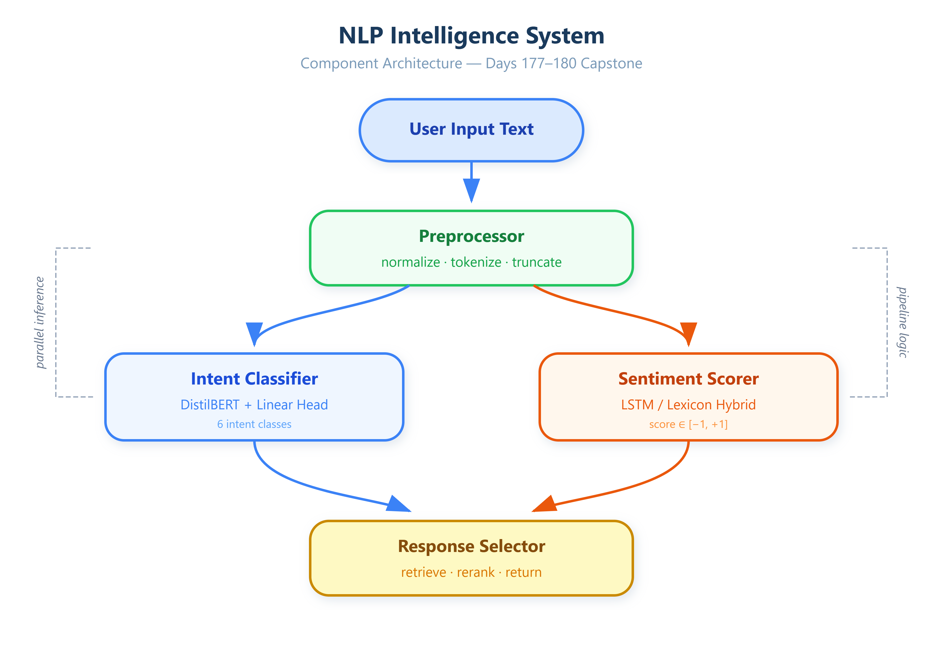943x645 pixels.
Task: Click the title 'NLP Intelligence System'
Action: (471, 36)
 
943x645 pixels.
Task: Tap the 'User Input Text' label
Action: (471, 129)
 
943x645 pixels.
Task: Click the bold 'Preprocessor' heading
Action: (471, 236)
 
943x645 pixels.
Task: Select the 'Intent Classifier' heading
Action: (254, 379)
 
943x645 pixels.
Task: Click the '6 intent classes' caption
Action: (254, 424)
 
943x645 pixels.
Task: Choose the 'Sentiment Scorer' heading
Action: (689, 379)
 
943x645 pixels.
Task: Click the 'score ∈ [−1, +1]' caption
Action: (689, 424)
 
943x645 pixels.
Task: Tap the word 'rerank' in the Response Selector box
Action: (476, 572)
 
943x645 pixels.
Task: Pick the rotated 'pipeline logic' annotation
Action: (902, 322)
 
